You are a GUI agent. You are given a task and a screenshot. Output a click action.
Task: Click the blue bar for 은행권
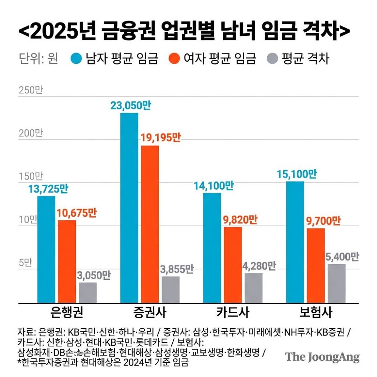pos(46,249)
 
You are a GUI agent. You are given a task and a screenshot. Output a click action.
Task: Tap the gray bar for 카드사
pos(253,288)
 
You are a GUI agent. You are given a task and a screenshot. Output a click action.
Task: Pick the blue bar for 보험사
pos(295,242)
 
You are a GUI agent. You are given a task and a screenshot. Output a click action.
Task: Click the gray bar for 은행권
pos(87,292)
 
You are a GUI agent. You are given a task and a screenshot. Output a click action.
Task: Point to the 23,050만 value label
pos(130,106)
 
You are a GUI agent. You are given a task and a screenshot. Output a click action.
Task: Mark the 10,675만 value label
pos(77,213)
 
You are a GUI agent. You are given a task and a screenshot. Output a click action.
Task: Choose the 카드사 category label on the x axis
pos(233,313)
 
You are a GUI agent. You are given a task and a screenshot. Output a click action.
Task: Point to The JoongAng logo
pos(322,357)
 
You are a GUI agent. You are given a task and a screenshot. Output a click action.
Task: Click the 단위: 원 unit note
pos(38,59)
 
